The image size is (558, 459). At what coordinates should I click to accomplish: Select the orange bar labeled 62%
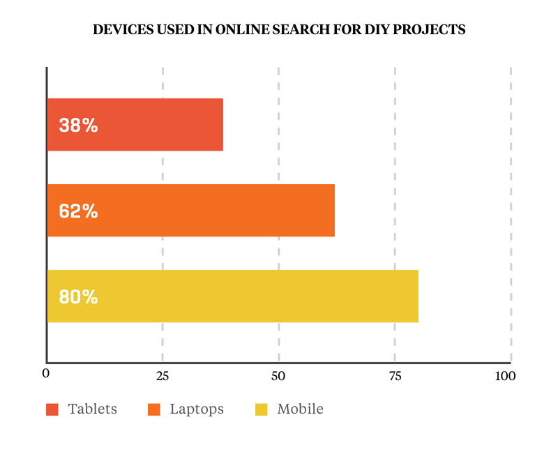click(x=209, y=211)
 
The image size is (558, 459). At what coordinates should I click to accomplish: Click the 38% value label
click(x=78, y=126)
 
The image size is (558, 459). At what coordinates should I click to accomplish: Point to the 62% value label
click(x=78, y=211)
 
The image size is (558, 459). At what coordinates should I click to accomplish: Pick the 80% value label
click(x=78, y=297)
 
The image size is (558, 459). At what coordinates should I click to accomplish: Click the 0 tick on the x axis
click(x=46, y=375)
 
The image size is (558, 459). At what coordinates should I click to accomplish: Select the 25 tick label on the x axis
click(x=162, y=376)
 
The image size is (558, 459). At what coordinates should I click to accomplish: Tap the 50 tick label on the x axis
click(x=278, y=376)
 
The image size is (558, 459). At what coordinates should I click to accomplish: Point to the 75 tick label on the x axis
click(x=394, y=376)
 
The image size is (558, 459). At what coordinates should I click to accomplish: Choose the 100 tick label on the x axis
click(x=504, y=376)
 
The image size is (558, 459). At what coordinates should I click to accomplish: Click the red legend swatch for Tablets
click(x=52, y=409)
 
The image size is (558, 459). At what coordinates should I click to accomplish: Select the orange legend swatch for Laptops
click(x=154, y=409)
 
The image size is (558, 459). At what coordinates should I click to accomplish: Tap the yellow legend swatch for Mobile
click(x=262, y=409)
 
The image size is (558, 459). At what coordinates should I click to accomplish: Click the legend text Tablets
click(x=92, y=409)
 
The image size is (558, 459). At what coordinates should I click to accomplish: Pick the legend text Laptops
click(x=197, y=409)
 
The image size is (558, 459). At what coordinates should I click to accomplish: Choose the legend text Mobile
click(x=300, y=409)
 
